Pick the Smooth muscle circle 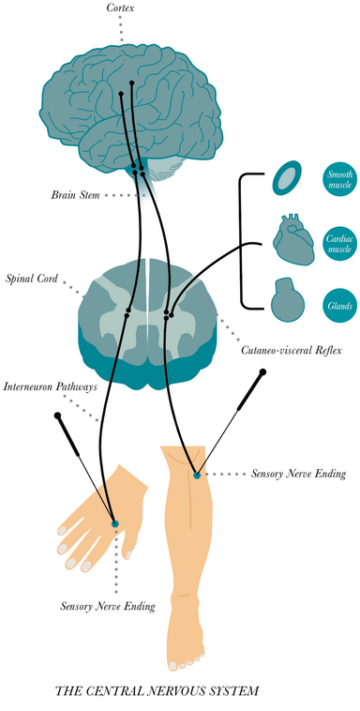(337, 178)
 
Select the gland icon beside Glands (286, 302)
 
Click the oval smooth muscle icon (287, 178)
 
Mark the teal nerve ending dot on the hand (115, 522)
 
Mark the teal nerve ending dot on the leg (197, 475)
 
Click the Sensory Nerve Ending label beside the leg (299, 475)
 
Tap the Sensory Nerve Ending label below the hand (107, 606)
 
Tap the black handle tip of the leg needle (263, 373)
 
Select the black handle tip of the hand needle (58, 415)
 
